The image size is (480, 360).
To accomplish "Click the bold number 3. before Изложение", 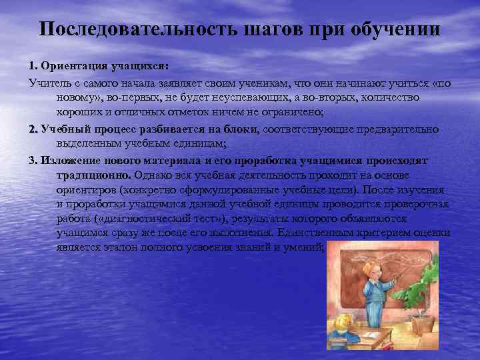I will (33, 161).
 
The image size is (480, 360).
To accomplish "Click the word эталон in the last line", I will (118, 247).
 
